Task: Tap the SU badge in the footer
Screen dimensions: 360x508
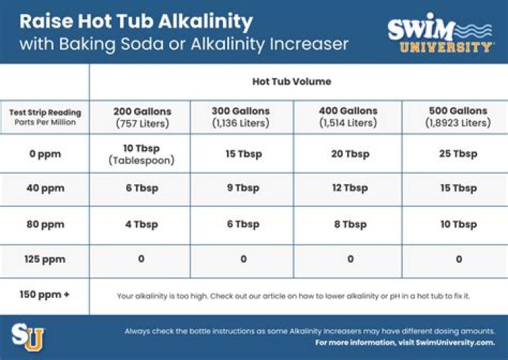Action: tap(28, 336)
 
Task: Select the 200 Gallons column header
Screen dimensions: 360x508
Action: tap(142, 116)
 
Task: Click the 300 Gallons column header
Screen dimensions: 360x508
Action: tap(241, 116)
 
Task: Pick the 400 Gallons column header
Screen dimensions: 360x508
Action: tap(348, 116)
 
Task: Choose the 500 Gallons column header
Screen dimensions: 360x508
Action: tap(457, 116)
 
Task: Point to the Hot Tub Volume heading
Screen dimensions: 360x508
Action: tap(291, 81)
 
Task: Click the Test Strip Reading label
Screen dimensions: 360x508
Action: tap(44, 112)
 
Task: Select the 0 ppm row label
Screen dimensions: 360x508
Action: tap(44, 154)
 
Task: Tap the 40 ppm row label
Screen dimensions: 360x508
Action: tap(44, 188)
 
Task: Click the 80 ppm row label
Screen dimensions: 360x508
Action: tap(44, 224)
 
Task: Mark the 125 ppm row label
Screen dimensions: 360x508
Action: tap(44, 259)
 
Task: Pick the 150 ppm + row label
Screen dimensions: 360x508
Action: tap(44, 294)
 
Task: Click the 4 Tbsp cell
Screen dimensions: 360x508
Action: tap(141, 224)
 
